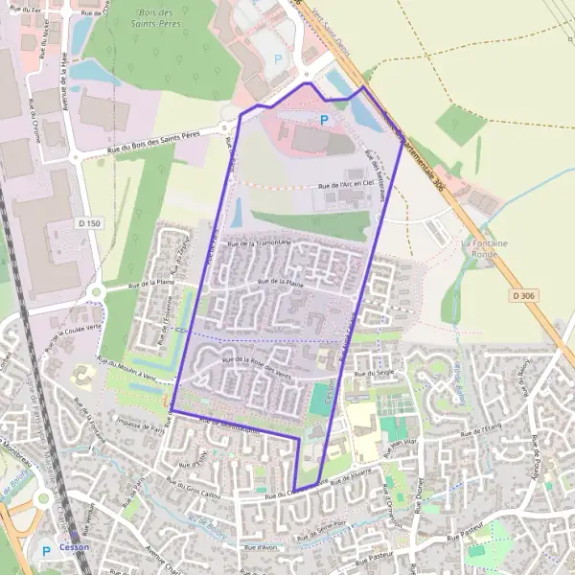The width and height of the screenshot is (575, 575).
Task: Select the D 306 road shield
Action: pyautogui.click(x=523, y=295)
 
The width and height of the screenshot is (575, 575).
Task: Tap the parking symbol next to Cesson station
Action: pyautogui.click(x=46, y=552)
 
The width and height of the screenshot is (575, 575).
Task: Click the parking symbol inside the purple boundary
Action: pyautogui.click(x=324, y=120)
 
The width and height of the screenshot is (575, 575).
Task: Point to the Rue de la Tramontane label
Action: pyautogui.click(x=258, y=244)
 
